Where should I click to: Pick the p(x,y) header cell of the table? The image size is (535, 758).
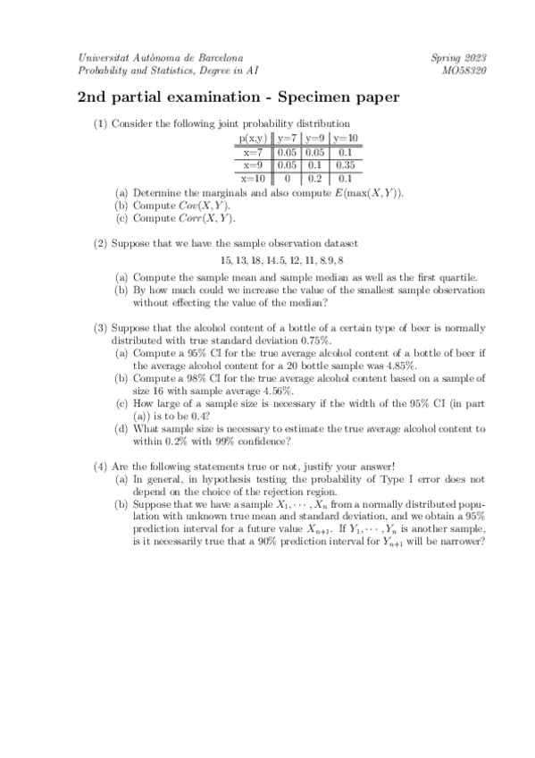click(252, 139)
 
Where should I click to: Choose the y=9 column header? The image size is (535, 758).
click(313, 139)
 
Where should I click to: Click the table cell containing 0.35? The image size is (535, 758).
click(345, 165)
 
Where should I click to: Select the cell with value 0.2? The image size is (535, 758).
click(313, 178)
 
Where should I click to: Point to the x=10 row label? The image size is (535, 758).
click(255, 178)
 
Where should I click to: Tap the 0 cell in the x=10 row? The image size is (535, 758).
click(286, 178)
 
